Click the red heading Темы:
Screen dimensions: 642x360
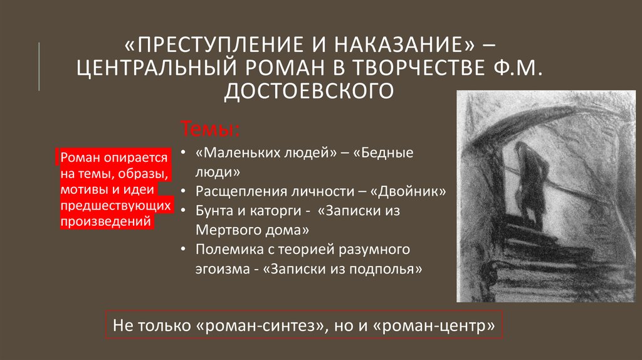pos(210,129)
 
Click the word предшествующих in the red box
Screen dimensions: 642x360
pos(115,205)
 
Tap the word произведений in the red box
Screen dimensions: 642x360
pos(106,221)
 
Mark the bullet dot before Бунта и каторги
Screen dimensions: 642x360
pos(184,211)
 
